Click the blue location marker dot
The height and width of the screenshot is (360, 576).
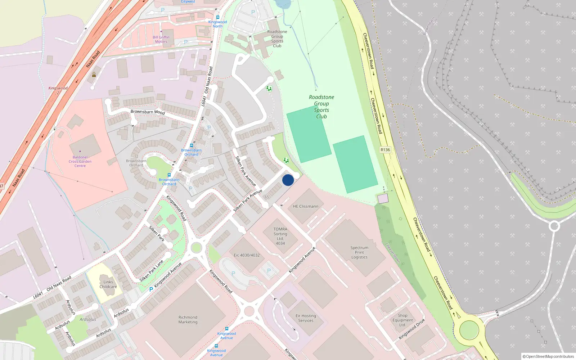288,180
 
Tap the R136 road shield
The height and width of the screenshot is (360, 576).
385,150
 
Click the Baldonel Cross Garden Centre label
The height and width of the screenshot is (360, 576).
80,161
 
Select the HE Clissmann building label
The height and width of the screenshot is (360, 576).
306,206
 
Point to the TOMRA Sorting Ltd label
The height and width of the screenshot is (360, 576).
280,236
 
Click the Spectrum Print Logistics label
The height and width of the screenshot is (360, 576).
359,252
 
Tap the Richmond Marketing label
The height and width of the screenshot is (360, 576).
188,320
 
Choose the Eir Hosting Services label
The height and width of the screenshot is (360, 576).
306,318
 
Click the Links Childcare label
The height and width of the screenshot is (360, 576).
108,284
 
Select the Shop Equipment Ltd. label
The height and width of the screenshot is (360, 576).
402,320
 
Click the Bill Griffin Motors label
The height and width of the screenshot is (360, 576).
161,39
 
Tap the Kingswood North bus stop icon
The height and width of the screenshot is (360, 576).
217,17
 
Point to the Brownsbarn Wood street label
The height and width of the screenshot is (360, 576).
148,112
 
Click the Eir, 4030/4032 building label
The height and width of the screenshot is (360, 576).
247,255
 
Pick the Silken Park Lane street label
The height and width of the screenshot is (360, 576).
152,271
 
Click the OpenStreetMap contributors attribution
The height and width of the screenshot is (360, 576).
548,356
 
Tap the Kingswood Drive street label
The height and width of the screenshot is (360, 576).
412,329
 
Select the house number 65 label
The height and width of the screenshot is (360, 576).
267,197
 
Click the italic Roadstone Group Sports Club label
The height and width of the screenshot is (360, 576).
321,107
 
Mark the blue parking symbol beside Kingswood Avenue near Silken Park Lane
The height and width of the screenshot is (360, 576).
151,289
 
